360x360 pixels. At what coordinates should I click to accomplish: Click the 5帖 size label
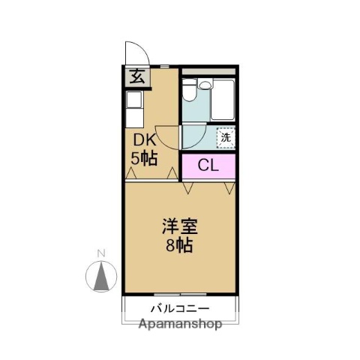(144, 159)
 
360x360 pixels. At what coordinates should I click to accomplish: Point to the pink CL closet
(208, 166)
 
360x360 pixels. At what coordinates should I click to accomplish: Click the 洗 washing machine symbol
(225, 137)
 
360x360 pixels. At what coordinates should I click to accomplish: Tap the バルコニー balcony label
(179, 309)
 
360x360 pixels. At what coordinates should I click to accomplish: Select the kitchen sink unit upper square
(134, 99)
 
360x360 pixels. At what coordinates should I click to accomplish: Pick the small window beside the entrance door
(164, 67)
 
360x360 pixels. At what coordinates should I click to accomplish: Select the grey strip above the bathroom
(208, 74)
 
